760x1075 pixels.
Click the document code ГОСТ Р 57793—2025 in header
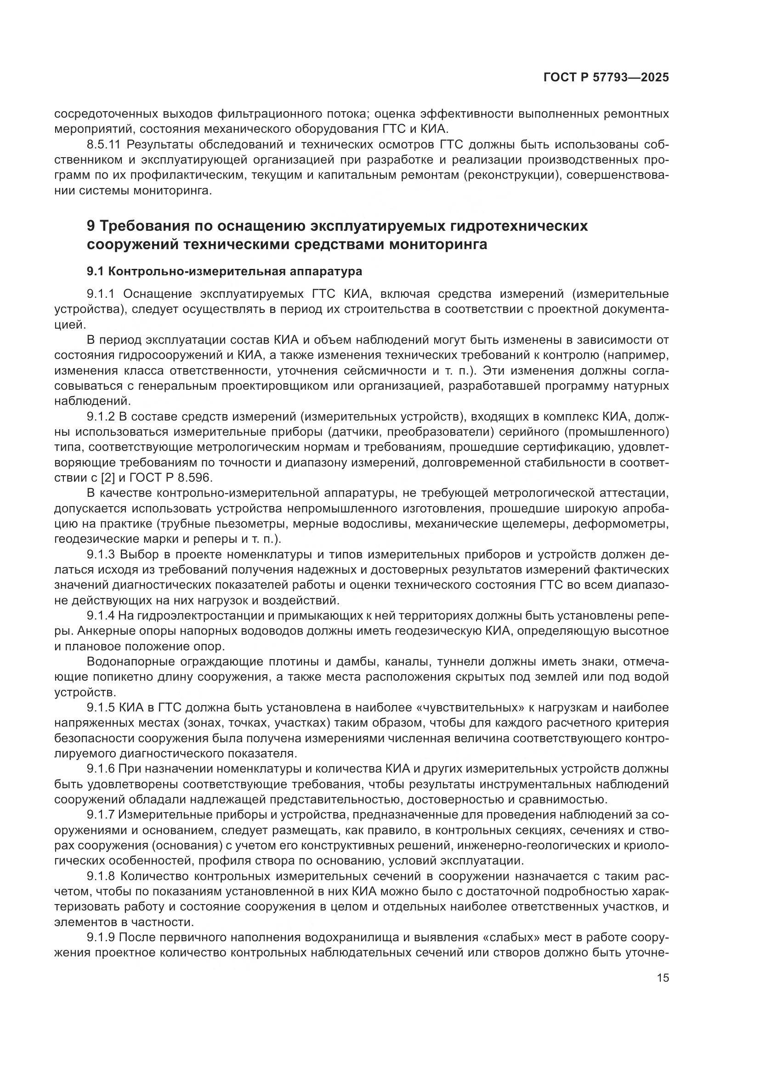pos(606,78)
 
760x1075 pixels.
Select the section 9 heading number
pos(91,226)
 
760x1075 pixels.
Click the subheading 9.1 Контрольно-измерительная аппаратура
pos(224,272)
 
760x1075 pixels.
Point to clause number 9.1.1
pos(101,294)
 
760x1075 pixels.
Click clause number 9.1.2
pos(101,416)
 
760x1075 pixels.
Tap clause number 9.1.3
pos(101,555)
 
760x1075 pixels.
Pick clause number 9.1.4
pos(101,616)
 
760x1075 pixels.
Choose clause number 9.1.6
pos(101,769)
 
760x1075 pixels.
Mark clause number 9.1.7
pos(101,815)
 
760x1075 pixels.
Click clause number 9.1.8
pos(101,876)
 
